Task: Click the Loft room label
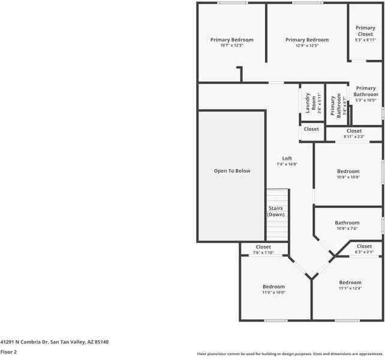tap(287, 158)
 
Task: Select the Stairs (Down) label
tap(276, 211)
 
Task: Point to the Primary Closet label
tap(365, 31)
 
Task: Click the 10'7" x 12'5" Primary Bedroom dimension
tap(231, 46)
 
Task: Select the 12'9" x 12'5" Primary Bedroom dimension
tap(307, 46)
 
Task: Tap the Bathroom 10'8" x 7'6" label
tap(347, 223)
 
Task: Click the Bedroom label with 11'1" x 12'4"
tap(350, 283)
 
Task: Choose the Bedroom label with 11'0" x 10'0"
tap(273, 287)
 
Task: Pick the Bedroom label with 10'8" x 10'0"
tap(348, 172)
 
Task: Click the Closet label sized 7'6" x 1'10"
tap(263, 247)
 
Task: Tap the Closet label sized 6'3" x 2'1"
tap(364, 246)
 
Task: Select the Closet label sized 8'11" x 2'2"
tap(354, 131)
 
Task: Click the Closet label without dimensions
tap(311, 129)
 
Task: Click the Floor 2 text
tap(8, 352)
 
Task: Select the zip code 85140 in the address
tap(101, 342)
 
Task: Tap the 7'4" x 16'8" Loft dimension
tap(287, 164)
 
